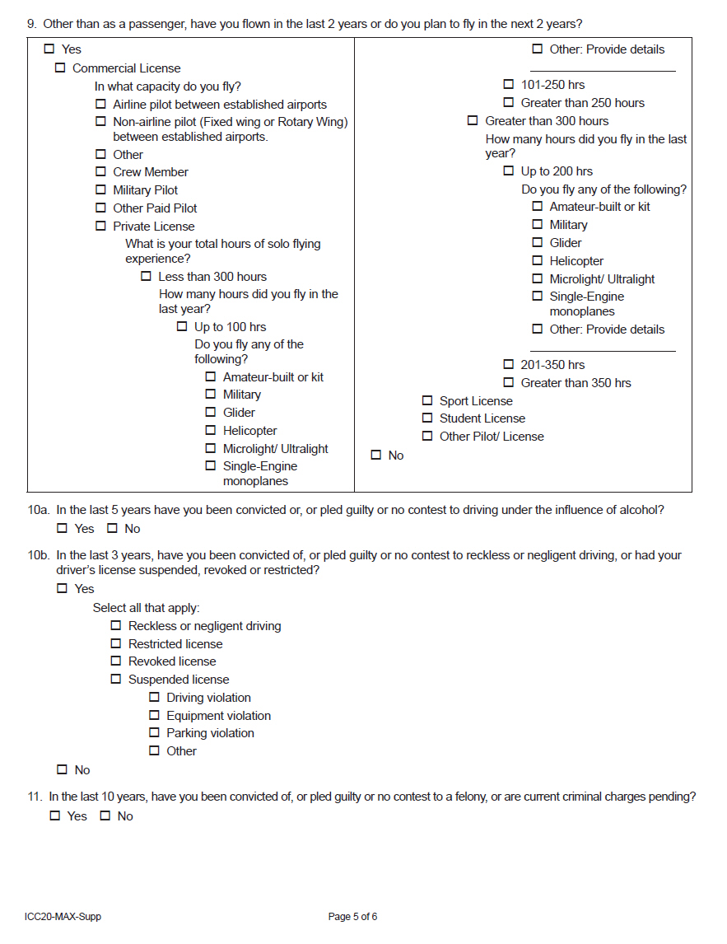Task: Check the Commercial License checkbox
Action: coord(60,68)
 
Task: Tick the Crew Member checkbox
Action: coord(100,172)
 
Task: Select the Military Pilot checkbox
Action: coord(100,190)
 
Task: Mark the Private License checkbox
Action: coord(100,227)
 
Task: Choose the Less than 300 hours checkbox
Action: coord(146,277)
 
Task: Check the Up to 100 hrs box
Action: coord(182,327)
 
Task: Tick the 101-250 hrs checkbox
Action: coord(509,85)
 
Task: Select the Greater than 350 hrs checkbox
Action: coord(509,383)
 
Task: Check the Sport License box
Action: coord(427,401)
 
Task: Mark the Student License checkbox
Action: coord(427,418)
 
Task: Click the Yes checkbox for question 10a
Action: coord(63,529)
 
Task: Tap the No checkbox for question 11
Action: coord(105,816)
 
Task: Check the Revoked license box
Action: coord(116,661)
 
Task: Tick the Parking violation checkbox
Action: coord(154,733)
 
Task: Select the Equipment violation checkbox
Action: coord(154,716)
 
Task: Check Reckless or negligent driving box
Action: coord(116,626)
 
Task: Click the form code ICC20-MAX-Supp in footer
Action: coord(63,917)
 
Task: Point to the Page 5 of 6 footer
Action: coord(352,917)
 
